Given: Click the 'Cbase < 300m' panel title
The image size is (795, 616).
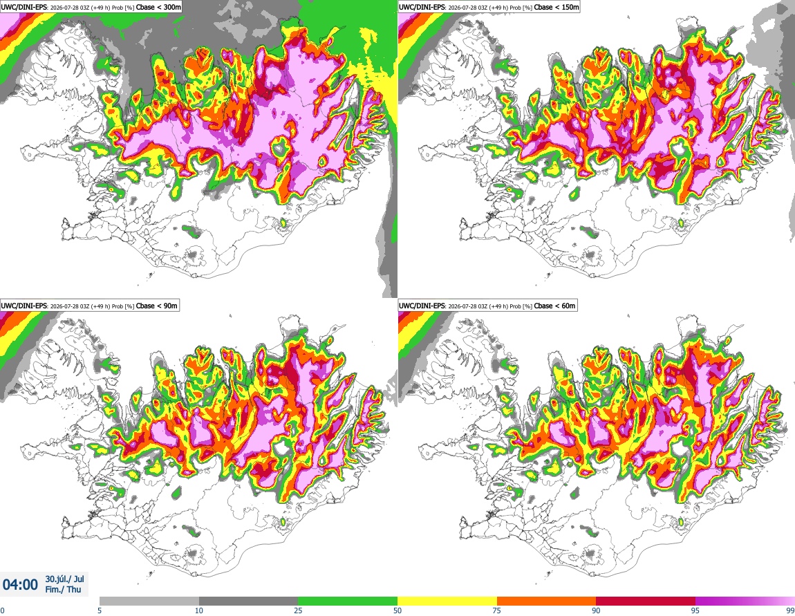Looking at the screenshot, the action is click(159, 7).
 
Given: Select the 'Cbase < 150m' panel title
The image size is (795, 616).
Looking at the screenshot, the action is click(556, 7).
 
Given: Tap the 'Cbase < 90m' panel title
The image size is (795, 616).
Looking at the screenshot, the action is click(157, 306).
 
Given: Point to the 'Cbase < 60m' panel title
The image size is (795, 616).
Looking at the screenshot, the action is click(555, 306).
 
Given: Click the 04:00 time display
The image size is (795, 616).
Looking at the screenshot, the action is click(20, 585).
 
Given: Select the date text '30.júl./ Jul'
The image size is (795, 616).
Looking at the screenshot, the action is click(65, 579).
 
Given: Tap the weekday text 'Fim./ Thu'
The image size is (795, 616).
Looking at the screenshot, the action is click(64, 589).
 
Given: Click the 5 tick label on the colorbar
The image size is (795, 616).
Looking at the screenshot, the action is click(100, 610).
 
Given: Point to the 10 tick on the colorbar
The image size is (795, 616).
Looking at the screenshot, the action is click(199, 610).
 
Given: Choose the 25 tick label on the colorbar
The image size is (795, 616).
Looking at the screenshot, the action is click(299, 610).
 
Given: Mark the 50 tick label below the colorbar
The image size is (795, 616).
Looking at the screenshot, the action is click(398, 610).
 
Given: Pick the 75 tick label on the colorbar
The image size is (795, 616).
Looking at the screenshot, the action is click(497, 610).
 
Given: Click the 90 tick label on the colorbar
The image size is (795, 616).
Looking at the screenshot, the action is click(596, 610).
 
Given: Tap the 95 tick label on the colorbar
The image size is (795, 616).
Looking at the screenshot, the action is click(695, 610).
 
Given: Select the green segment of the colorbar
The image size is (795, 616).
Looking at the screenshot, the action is click(348, 601).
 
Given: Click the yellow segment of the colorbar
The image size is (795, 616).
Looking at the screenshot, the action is click(447, 601).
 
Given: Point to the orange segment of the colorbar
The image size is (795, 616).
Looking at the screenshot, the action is click(547, 601).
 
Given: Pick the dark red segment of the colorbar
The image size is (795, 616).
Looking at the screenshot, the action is click(646, 601).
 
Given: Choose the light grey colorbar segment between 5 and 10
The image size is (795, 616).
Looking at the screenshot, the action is click(149, 601).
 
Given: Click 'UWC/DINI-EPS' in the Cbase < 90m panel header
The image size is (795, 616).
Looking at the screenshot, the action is click(24, 306).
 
